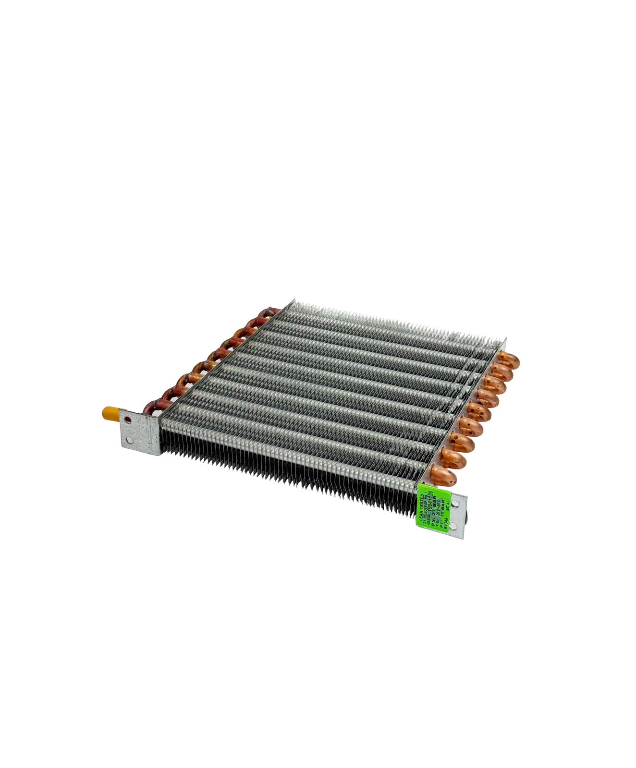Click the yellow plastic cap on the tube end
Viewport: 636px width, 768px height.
(109, 413)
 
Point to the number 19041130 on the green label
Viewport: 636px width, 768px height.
(430, 502)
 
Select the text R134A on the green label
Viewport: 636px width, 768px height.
(445, 521)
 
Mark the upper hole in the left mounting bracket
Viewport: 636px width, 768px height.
(128, 420)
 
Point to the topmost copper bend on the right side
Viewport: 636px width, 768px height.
(509, 360)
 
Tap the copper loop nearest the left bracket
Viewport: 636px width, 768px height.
(153, 407)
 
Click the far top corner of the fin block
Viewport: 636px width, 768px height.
(293, 301)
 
